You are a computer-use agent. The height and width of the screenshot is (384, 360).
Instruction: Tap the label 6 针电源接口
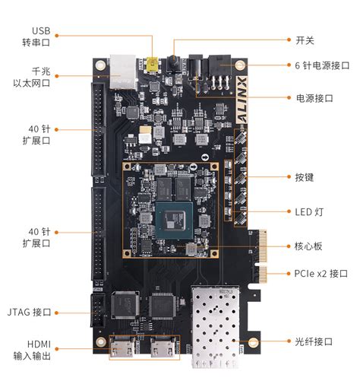point(321,66)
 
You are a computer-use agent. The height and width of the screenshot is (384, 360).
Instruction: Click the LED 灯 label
point(309,212)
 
